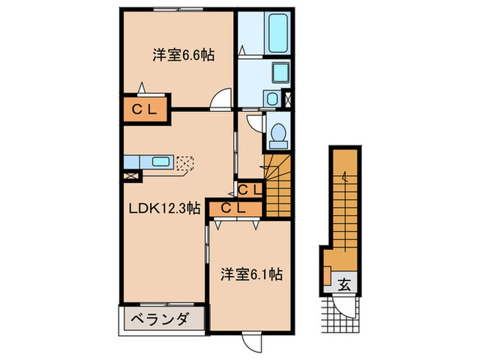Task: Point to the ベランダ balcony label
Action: coord(164,320)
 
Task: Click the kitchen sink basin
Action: coord(162,163)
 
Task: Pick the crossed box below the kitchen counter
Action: coord(131,176)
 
